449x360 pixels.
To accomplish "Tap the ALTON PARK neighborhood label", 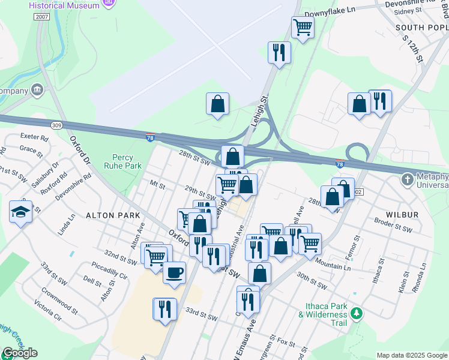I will point(113,215).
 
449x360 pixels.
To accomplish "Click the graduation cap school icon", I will point(20,212).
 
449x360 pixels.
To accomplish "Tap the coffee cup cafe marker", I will point(174,273).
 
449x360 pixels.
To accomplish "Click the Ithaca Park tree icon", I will point(357,313).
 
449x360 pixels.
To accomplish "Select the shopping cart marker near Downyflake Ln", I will point(303,27).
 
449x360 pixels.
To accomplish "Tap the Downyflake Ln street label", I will point(330,10).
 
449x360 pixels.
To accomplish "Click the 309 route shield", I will point(57,125).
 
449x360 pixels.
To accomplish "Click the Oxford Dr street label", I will point(79,150).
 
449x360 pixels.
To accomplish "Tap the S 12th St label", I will point(413,50).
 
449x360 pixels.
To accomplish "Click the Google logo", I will point(20,353).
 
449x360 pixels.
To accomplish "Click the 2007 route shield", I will point(42,17).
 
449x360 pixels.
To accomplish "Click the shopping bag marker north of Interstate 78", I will point(217,103).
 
